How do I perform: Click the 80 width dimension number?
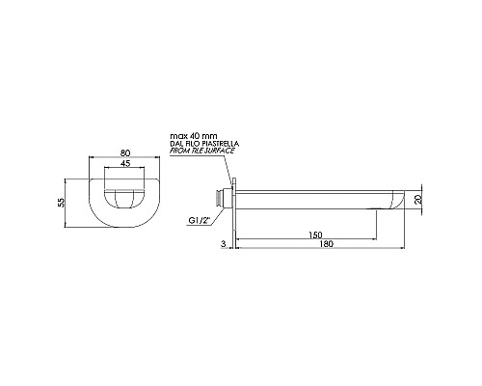pyautogui.click(x=126, y=152)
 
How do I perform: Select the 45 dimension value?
pyautogui.click(x=124, y=163)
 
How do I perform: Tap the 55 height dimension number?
pyautogui.click(x=61, y=202)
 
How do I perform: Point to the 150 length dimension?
pyautogui.click(x=315, y=235)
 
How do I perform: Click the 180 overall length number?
pyautogui.click(x=327, y=244)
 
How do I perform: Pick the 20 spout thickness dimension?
pyautogui.click(x=417, y=200)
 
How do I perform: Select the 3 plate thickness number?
pyautogui.click(x=224, y=244)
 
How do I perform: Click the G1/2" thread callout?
pyautogui.click(x=199, y=221)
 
